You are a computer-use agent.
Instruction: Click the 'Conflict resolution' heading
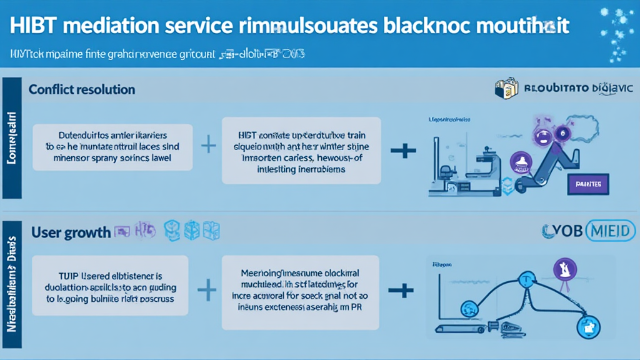[81, 89]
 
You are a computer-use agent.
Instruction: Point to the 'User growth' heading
[71, 232]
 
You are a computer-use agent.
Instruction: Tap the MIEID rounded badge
[610, 231]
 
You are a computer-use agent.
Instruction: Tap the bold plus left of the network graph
[401, 290]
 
